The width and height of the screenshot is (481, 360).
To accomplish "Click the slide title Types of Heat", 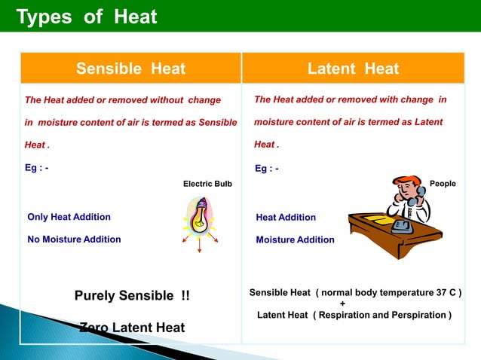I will [87, 16].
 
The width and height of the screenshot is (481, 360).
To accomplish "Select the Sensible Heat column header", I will [130, 69].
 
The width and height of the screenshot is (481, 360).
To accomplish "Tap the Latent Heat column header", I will [353, 69].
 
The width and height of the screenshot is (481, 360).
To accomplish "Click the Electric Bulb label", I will [207, 184].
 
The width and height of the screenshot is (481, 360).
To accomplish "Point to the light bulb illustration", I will [200, 217].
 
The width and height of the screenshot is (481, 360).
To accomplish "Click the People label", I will [442, 184].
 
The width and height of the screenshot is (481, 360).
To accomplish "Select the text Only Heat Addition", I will [69, 217].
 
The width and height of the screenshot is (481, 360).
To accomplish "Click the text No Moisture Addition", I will [74, 239].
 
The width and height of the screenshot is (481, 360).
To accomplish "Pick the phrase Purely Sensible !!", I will [132, 295].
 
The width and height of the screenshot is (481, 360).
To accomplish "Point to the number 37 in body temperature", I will [437, 292].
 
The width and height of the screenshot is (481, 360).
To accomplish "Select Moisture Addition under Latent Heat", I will [295, 239].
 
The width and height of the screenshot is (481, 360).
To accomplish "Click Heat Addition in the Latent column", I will [286, 217].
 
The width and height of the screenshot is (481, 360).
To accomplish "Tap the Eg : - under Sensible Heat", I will [38, 167].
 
